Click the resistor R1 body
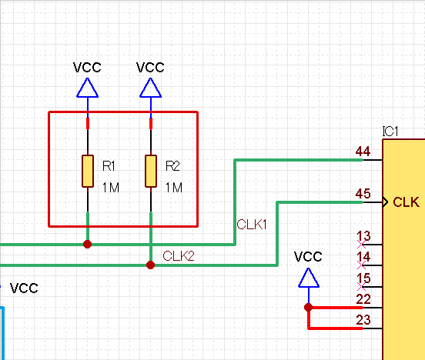[88, 171]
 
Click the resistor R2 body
[151, 171]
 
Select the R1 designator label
[109, 166]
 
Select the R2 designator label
[172, 166]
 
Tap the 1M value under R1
[110, 188]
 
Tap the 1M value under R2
[173, 188]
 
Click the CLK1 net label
[251, 225]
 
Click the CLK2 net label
[179, 255]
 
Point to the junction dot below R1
[88, 244]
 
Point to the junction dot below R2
[151, 265]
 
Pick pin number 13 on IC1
[363, 236]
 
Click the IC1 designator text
[390, 132]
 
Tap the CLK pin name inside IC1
[406, 202]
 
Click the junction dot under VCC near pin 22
[309, 307]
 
